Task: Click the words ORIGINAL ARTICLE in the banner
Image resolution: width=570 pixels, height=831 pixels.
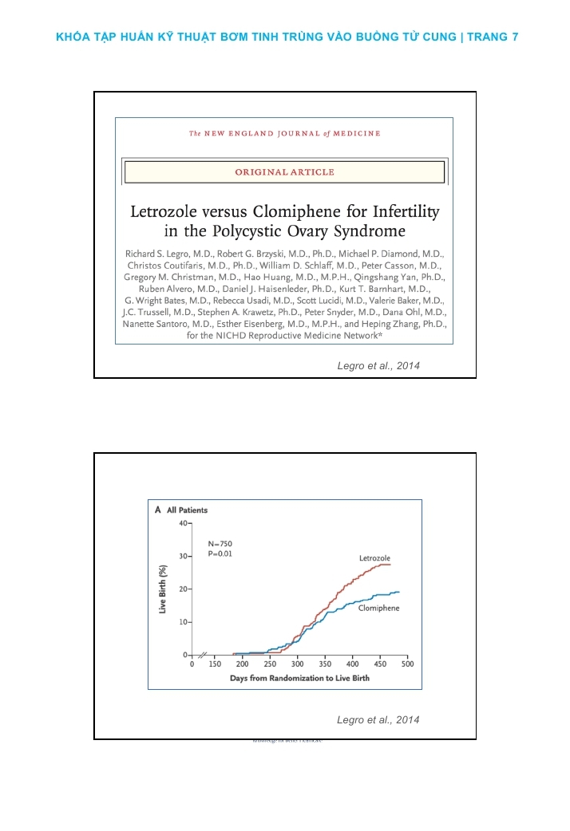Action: point(284,172)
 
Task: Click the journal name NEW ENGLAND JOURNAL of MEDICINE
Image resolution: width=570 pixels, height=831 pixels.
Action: point(284,133)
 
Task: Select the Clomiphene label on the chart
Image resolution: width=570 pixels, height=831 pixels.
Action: point(378,608)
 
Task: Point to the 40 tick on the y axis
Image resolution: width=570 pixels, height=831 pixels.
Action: point(183,523)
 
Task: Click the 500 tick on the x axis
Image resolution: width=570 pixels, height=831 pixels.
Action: point(406,664)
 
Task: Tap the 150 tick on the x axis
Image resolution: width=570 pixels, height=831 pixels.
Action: point(215,664)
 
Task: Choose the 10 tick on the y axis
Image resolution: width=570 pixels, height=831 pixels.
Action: point(183,621)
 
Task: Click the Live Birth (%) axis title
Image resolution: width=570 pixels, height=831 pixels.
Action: point(163,589)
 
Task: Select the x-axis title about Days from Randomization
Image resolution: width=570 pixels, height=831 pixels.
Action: point(299,678)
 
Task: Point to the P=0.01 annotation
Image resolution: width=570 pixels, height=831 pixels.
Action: point(220,553)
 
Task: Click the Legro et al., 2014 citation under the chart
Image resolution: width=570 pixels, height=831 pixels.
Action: point(378,720)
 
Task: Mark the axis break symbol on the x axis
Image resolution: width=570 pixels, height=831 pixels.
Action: point(202,655)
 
